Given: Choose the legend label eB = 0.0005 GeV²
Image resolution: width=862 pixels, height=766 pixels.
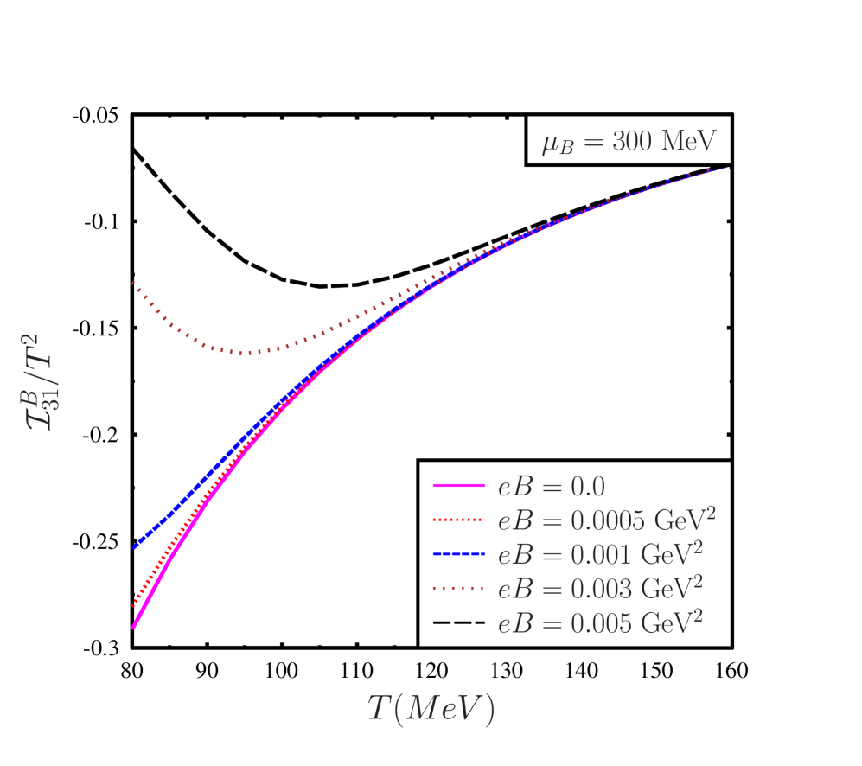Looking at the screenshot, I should [606, 520].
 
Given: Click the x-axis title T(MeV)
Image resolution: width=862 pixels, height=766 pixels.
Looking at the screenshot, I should [431, 708].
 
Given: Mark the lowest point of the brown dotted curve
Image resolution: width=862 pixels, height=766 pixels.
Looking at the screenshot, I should [249, 353].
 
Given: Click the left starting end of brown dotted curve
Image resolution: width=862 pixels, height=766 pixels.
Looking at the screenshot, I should [133, 283].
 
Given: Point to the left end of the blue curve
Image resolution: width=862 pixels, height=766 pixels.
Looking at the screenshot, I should [134, 546].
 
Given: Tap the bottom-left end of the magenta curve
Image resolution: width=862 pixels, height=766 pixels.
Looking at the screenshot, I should [133, 628].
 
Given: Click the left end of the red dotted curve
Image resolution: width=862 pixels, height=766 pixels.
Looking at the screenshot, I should [133, 605].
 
